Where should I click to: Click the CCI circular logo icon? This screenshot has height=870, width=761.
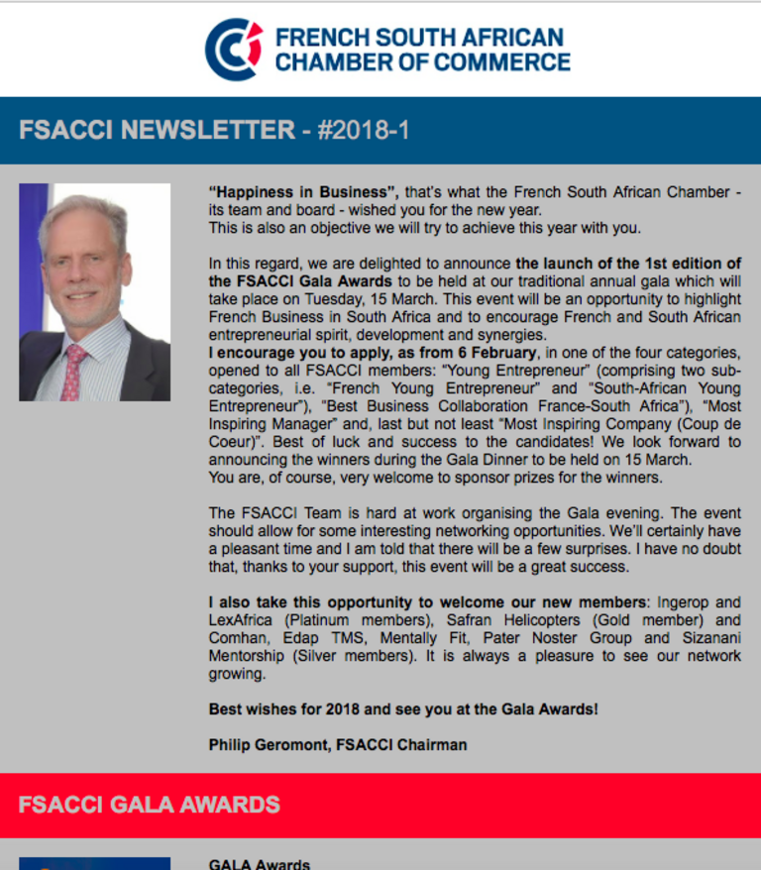pos(234,50)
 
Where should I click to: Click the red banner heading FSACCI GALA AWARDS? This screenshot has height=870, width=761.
pos(150,804)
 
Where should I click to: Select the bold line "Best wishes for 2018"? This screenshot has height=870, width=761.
pos(287,709)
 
